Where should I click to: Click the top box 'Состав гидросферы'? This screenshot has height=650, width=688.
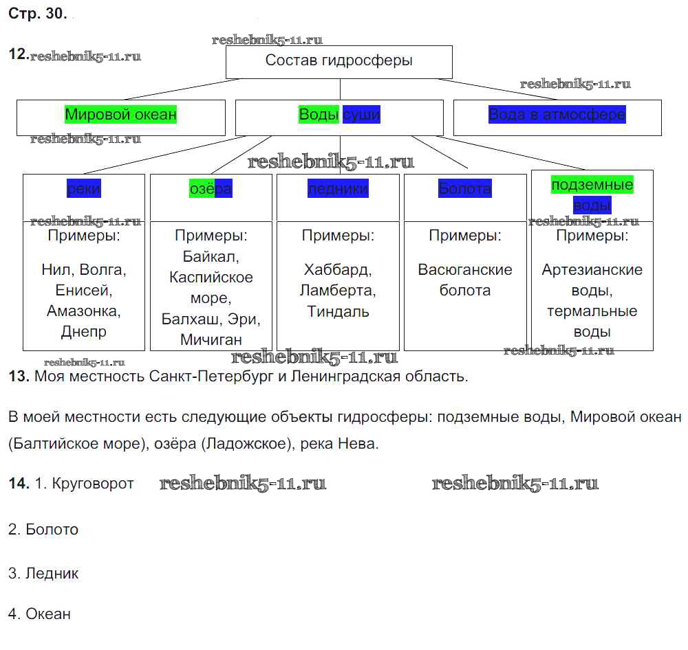[339, 60]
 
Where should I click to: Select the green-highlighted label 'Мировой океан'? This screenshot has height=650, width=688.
[121, 115]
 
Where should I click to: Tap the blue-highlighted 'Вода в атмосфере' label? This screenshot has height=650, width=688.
[557, 115]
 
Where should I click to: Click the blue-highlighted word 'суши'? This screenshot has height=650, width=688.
[361, 115]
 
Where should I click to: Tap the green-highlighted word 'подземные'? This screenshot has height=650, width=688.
[592, 185]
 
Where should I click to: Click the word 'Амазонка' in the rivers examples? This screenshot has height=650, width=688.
[84, 311]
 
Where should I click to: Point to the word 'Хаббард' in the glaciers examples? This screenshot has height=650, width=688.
[338, 269]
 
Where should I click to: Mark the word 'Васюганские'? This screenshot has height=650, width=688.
[465, 269]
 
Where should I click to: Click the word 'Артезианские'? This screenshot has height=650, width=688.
[592, 269]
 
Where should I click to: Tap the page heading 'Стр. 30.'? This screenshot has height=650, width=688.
[38, 16]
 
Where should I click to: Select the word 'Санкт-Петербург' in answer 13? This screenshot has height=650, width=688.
[209, 377]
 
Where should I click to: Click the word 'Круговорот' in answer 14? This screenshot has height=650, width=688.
[93, 484]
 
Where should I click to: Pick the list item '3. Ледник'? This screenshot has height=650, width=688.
[43, 573]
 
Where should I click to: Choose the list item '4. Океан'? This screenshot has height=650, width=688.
[39, 614]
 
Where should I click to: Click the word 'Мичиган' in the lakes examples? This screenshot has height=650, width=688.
[211, 339]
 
